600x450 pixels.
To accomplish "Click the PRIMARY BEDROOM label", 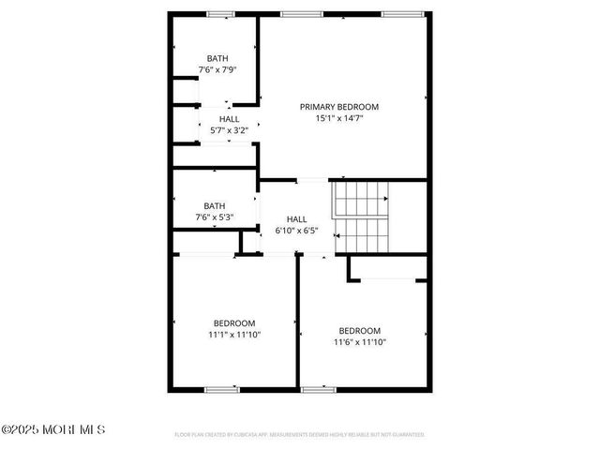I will click(x=344, y=106).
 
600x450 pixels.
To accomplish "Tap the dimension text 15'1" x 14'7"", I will click(x=344, y=118).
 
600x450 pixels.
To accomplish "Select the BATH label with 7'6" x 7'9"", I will click(x=217, y=58).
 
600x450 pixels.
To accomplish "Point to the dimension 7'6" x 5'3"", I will click(x=214, y=217).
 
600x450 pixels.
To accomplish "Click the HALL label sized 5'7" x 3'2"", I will click(x=229, y=119).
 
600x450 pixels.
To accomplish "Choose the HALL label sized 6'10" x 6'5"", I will click(x=296, y=218).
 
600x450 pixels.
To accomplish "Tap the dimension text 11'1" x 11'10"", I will click(x=233, y=335).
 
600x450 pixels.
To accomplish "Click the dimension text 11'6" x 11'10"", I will click(x=360, y=342).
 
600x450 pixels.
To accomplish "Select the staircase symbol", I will click(x=361, y=217).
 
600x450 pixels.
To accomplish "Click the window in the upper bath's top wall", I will click(x=220, y=14).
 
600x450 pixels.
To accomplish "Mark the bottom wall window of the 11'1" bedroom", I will click(x=222, y=389).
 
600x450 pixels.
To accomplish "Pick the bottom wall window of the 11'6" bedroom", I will click(x=319, y=389).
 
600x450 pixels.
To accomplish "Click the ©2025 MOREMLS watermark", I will click(x=53, y=430).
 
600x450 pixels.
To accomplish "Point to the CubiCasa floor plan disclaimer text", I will click(x=300, y=435).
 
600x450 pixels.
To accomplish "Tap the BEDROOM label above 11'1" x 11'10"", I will click(x=233, y=323).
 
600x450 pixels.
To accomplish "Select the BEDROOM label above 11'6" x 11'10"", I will click(x=360, y=330).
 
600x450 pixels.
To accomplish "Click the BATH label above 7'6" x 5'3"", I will click(x=215, y=206).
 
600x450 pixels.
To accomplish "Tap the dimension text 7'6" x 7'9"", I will click(x=217, y=70).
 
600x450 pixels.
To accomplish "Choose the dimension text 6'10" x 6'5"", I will click(x=296, y=230).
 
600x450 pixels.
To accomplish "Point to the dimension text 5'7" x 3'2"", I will click(x=229, y=130).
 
